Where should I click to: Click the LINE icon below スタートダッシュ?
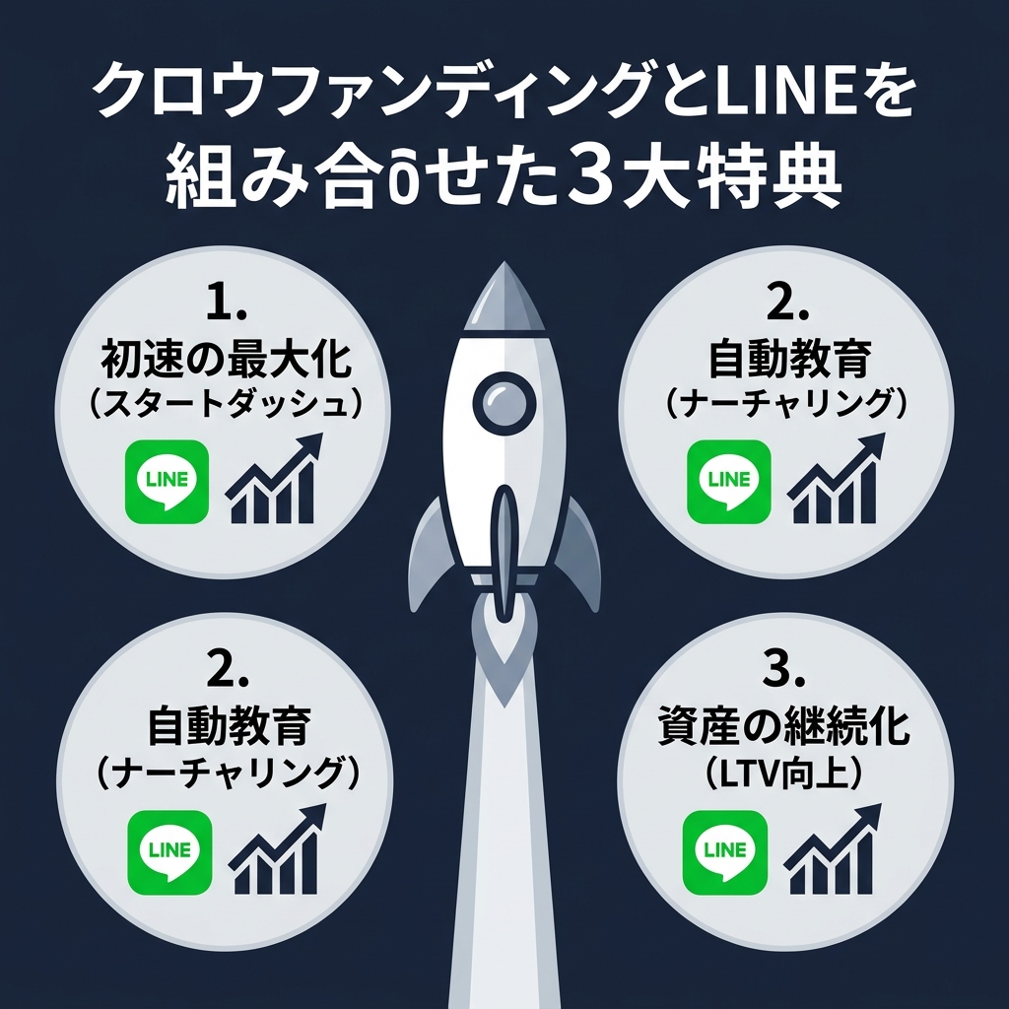pos(168,481)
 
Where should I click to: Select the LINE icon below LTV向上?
pos(725,850)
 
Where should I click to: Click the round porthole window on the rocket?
pos(504,399)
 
